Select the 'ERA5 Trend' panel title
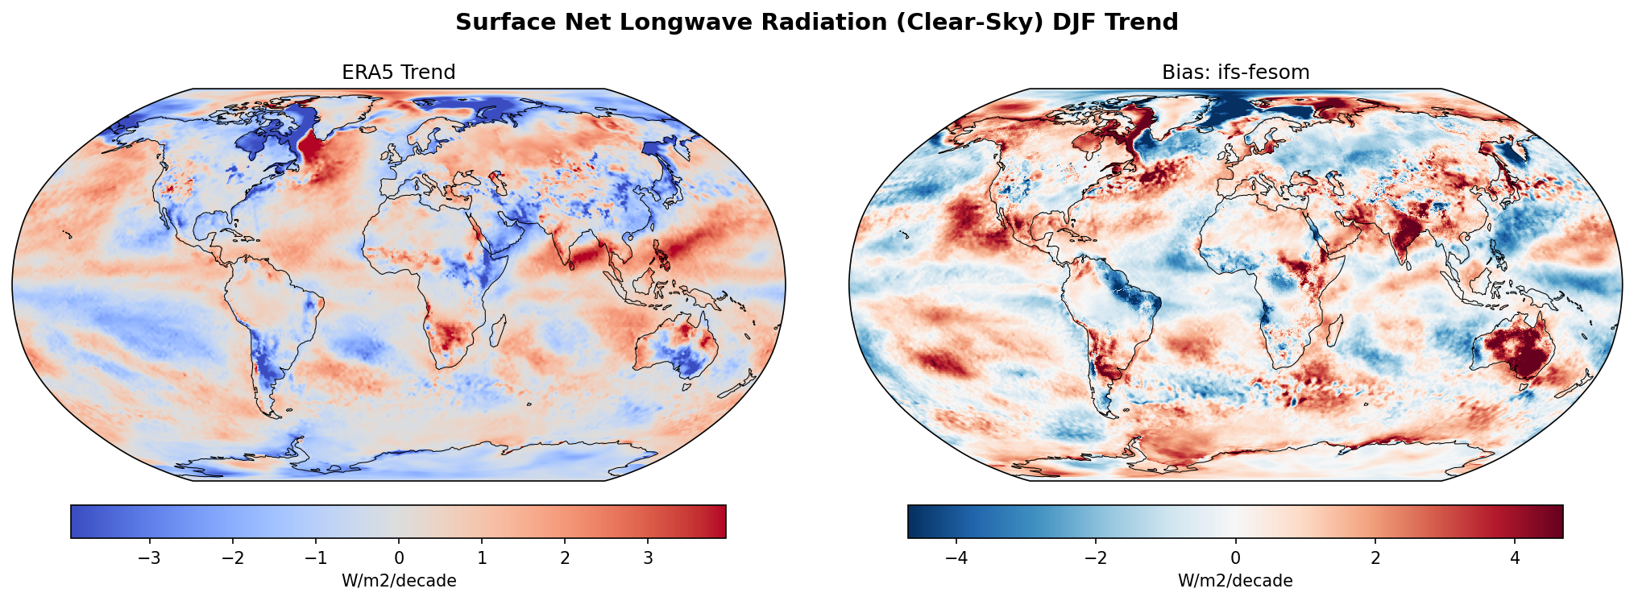click(398, 73)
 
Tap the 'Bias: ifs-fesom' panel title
click(1235, 73)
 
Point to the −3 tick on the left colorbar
click(150, 558)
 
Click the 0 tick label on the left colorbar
click(399, 558)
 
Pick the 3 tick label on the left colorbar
click(648, 558)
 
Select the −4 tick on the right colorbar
click(956, 558)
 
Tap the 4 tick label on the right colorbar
click(1515, 558)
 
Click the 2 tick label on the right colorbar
click(1375, 558)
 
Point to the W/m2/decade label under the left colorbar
click(399, 581)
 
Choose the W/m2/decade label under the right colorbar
click(1235, 581)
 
